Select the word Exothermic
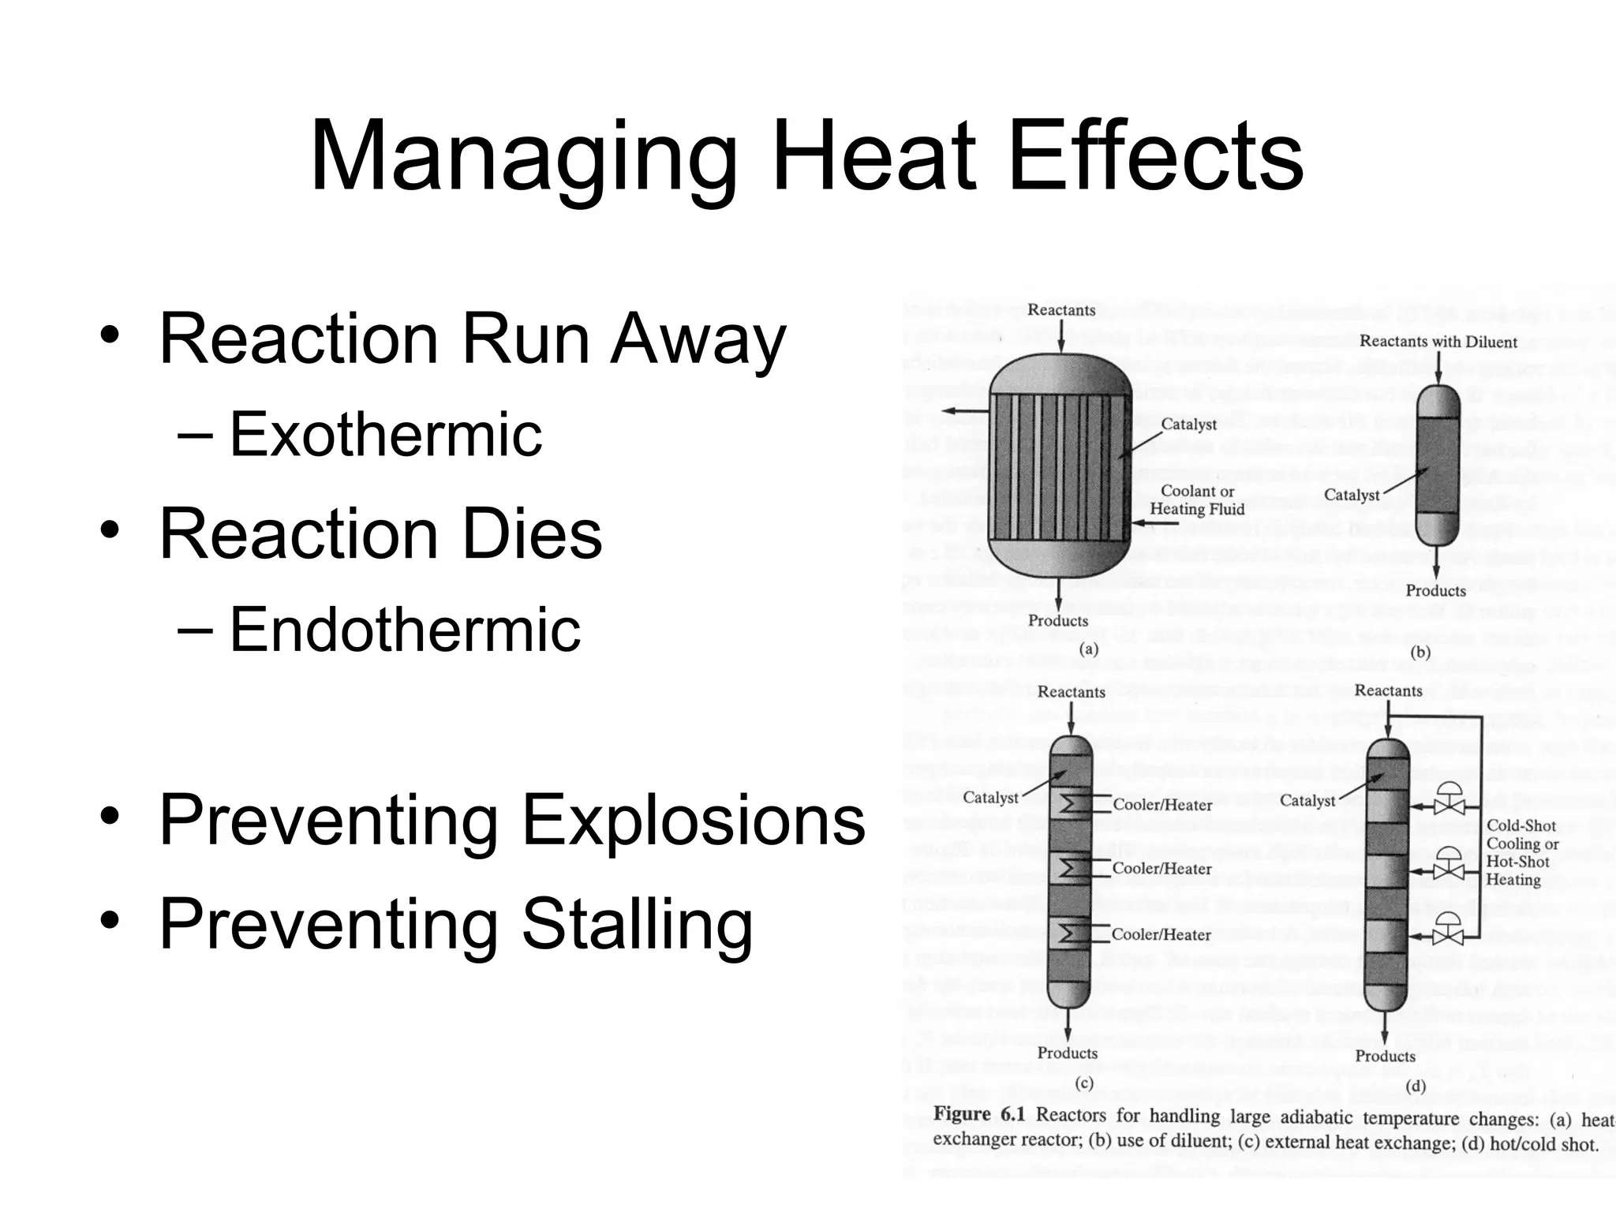pyautogui.click(x=385, y=434)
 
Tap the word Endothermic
pyautogui.click(x=405, y=629)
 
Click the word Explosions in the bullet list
pyautogui.click(x=694, y=820)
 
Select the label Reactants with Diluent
pyautogui.click(x=1438, y=342)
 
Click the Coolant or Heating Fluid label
pyautogui.click(x=1196, y=500)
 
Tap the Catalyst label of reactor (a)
pyautogui.click(x=1188, y=424)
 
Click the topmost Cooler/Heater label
pyautogui.click(x=1162, y=805)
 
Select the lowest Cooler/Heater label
pyautogui.click(x=1161, y=935)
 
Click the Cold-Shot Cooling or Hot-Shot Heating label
pyautogui.click(x=1522, y=852)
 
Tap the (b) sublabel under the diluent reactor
pyautogui.click(x=1420, y=652)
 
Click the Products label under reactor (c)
pyautogui.click(x=1067, y=1053)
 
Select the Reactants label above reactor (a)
pyautogui.click(x=1061, y=310)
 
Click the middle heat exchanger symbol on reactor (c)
pyautogui.click(x=1070, y=869)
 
